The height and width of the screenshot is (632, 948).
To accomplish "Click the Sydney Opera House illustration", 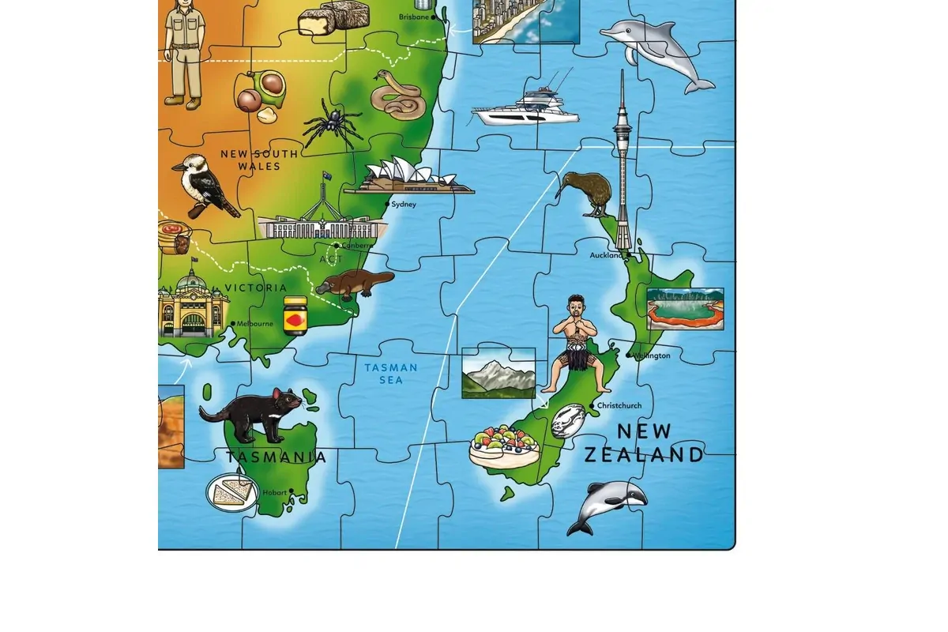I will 403,178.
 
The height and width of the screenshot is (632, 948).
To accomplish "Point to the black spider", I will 329,124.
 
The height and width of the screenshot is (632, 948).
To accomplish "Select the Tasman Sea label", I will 391,374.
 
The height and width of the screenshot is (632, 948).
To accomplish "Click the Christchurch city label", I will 619,406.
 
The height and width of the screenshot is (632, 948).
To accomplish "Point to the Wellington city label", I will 652,355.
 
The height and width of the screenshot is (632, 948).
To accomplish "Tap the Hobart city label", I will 275,493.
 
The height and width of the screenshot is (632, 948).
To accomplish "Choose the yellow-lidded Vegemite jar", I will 295,315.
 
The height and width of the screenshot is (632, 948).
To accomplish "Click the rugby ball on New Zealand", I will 567,420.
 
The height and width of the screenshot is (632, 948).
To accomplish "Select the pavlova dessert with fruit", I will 504,446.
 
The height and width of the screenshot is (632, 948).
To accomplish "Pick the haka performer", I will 577,344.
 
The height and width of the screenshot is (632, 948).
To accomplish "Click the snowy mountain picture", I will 498,373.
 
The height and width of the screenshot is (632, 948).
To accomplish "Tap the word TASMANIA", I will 276,457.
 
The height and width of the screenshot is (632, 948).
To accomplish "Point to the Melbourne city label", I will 255,324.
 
